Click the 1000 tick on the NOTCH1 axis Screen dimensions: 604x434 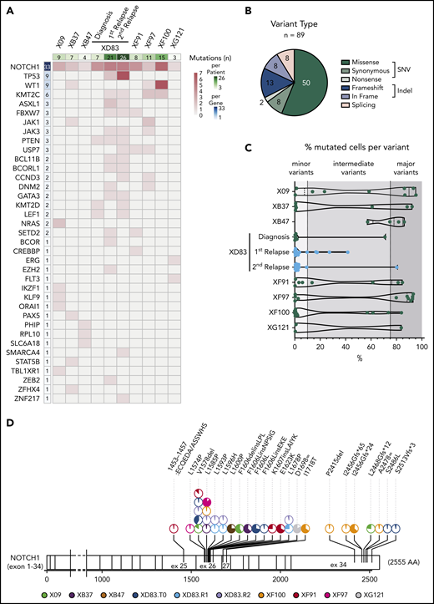pos(102,577)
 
